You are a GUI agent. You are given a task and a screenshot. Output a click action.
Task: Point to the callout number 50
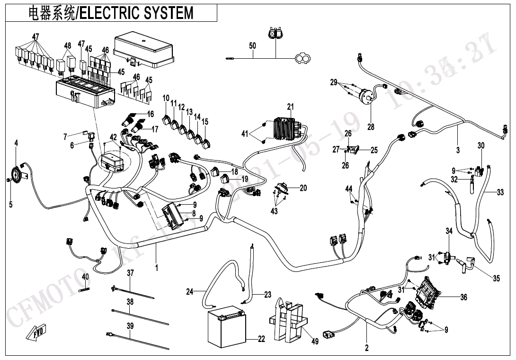click(x=252, y=46)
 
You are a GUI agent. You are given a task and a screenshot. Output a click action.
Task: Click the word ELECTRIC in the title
click(x=105, y=13)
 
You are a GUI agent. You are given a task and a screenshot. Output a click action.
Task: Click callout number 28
click(x=370, y=127)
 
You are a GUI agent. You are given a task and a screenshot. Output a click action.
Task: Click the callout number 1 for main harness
click(x=157, y=268)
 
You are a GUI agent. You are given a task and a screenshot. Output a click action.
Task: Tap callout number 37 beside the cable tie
click(x=130, y=273)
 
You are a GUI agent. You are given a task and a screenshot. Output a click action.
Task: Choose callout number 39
click(x=130, y=325)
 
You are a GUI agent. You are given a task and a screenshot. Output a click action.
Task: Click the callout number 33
click(x=500, y=192)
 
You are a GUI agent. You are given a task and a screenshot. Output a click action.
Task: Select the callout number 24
click(x=189, y=292)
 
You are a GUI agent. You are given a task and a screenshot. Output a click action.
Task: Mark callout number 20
click(x=303, y=188)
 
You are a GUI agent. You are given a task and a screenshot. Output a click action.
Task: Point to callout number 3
click(x=458, y=151)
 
